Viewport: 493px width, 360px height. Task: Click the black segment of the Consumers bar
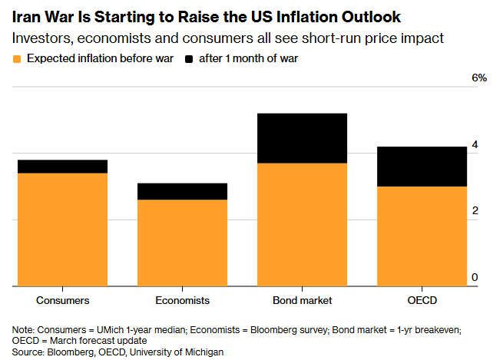click(62, 167)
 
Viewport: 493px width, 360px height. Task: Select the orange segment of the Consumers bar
click(62, 230)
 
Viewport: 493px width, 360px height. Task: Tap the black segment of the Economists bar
click(182, 191)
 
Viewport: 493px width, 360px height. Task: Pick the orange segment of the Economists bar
click(182, 243)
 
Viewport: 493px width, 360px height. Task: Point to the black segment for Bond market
click(302, 138)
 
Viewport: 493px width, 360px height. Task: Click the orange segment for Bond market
click(302, 224)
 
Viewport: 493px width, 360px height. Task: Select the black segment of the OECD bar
click(422, 166)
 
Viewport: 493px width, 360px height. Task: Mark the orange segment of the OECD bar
click(422, 236)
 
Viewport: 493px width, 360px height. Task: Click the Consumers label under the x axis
click(62, 300)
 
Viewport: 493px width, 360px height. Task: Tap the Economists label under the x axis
click(182, 300)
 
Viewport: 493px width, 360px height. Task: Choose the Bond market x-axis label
click(302, 300)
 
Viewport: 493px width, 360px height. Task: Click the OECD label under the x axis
click(422, 300)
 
